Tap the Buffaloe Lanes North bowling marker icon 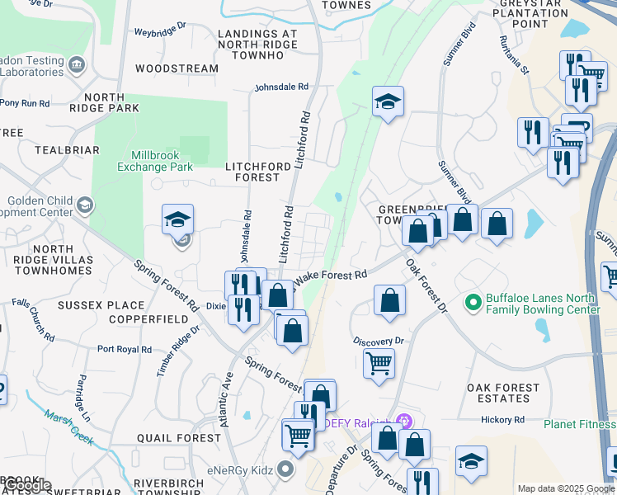(x=473, y=303)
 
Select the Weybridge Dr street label (x=162, y=34)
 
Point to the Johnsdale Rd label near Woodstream (x=281, y=87)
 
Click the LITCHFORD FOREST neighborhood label (x=258, y=171)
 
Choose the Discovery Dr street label (x=378, y=341)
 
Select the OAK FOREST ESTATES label (x=503, y=394)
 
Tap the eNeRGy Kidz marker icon (x=286, y=469)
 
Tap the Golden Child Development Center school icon (x=84, y=204)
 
